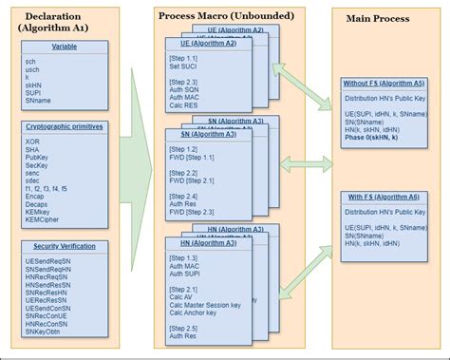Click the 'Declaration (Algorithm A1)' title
64,23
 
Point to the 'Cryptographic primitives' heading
64,125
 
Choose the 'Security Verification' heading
64,245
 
